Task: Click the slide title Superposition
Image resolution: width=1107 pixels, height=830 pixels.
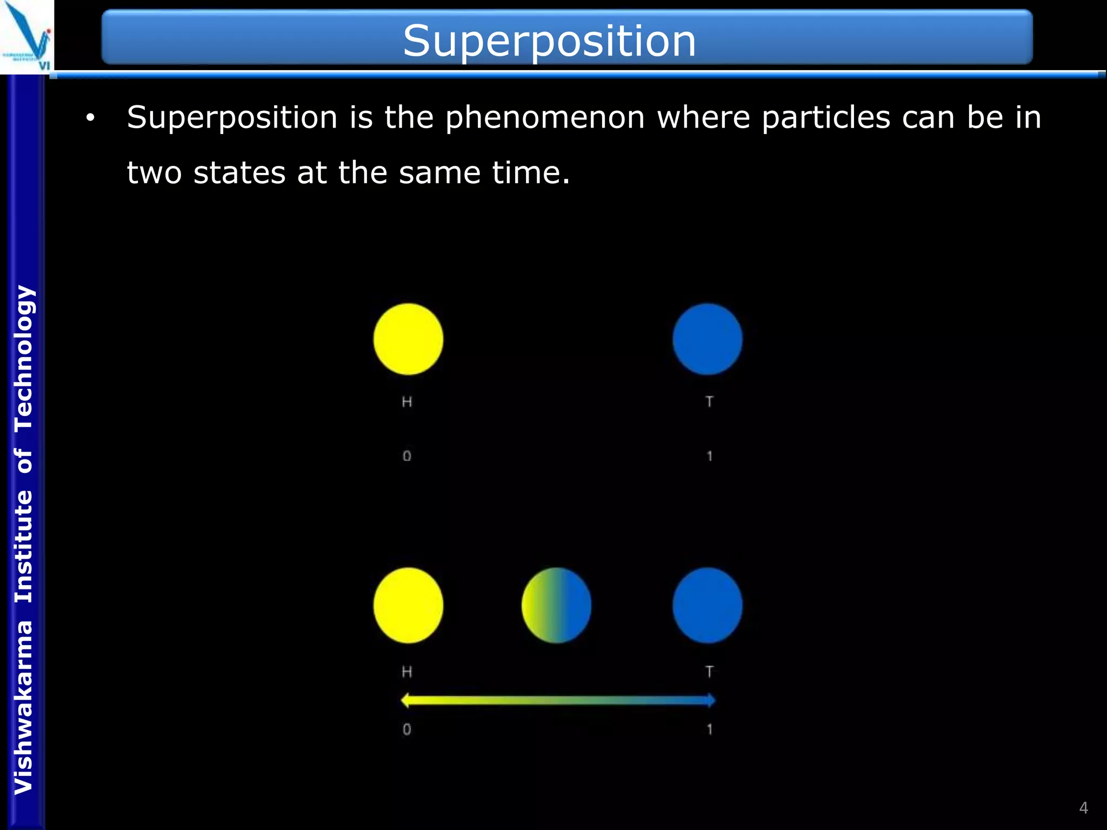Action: (549, 41)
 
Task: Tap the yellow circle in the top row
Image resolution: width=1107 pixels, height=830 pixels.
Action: (408, 339)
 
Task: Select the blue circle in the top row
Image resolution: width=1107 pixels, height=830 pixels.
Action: (707, 339)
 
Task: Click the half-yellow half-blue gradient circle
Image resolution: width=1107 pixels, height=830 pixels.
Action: (556, 605)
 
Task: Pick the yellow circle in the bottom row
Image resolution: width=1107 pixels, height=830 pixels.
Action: (408, 605)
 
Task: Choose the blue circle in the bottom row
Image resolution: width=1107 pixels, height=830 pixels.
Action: (707, 605)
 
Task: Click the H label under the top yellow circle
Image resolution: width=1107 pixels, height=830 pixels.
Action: (407, 401)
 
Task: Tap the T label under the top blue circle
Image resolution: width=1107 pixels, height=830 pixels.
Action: (709, 401)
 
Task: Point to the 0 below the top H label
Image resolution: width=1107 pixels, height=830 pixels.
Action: (407, 456)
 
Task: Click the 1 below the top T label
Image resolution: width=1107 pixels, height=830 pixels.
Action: (709, 456)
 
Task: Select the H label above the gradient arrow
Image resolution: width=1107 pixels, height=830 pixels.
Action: (407, 672)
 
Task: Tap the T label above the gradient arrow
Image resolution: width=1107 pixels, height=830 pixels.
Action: (709, 672)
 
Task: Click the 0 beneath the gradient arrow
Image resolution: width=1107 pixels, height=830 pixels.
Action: (407, 729)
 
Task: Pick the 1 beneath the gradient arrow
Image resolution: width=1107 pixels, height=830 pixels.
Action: (709, 729)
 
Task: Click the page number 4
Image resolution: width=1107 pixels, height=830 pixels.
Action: (1083, 808)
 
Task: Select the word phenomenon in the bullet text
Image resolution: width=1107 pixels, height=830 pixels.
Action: (545, 117)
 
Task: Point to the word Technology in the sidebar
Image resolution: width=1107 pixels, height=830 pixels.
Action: (24, 358)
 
